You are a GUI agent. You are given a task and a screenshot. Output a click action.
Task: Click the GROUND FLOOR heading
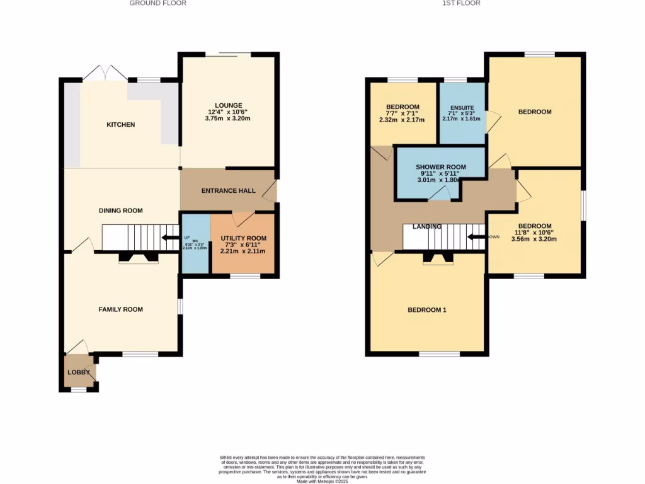click(x=157, y=3)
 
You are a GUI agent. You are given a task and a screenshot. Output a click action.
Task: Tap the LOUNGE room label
click(x=228, y=105)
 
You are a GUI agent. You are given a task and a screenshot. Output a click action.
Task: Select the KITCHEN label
click(x=120, y=125)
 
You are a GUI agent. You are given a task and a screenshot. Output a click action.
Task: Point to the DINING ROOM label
click(x=120, y=210)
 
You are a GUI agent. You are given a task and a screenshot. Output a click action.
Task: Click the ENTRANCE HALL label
click(x=228, y=191)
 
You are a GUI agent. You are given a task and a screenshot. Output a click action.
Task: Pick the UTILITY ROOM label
click(x=243, y=238)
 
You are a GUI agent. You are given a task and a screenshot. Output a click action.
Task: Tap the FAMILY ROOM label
click(x=120, y=309)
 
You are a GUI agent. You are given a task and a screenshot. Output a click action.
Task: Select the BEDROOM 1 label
click(x=427, y=309)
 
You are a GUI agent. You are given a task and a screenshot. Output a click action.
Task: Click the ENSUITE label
click(x=461, y=108)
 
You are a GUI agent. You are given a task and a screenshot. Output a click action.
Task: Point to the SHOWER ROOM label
click(x=440, y=167)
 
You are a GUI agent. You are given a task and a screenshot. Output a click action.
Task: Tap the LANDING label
click(x=426, y=226)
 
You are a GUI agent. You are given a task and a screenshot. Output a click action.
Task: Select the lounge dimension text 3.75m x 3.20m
click(x=228, y=118)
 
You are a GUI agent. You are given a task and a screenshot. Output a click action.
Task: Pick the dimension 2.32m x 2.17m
click(x=402, y=120)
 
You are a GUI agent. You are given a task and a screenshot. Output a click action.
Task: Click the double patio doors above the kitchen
click(x=105, y=72)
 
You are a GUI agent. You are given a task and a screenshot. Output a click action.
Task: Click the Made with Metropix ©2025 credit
click(x=322, y=481)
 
